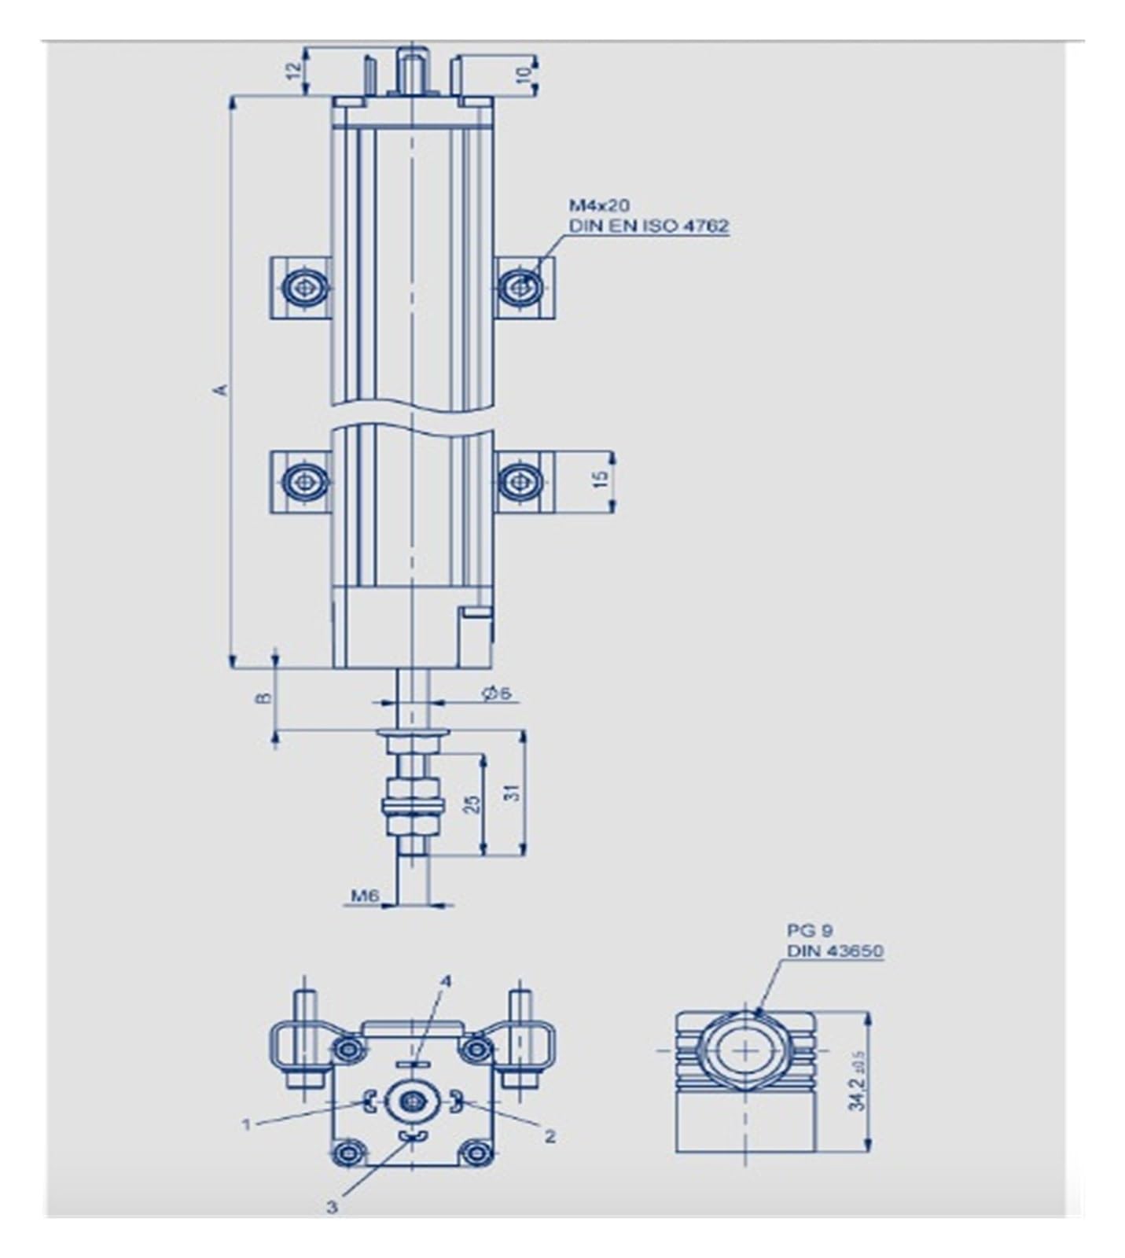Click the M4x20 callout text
pos(599,205)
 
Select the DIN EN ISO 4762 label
pos(649,226)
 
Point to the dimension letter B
pos(265,697)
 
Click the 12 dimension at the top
pos(293,70)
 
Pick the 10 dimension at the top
pos(524,74)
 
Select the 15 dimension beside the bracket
pos(601,480)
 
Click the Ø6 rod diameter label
pos(497,692)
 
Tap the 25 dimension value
pos(472,803)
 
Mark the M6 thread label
pos(365,896)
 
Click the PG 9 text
pos(810,931)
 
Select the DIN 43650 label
pos(835,951)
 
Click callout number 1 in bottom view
pos(247,1125)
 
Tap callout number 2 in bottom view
pos(550,1136)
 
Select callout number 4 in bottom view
pos(446,981)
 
